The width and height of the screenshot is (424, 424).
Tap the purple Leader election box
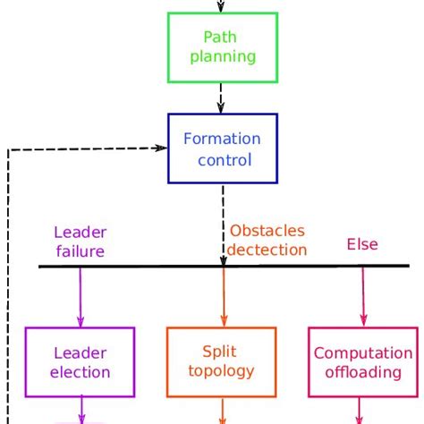(x=81, y=362)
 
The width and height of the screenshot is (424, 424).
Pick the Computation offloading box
(x=362, y=362)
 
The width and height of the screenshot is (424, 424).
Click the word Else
(x=362, y=244)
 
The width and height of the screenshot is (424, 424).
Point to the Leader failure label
(x=80, y=242)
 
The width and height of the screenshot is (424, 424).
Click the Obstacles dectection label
(x=267, y=241)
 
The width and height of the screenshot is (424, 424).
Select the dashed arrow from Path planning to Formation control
(x=221, y=97)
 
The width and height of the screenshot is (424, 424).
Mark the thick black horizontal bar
(x=134, y=267)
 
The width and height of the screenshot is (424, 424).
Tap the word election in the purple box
(x=81, y=372)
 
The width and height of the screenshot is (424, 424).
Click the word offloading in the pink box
(x=362, y=372)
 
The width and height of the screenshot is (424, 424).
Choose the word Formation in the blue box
(x=221, y=140)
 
